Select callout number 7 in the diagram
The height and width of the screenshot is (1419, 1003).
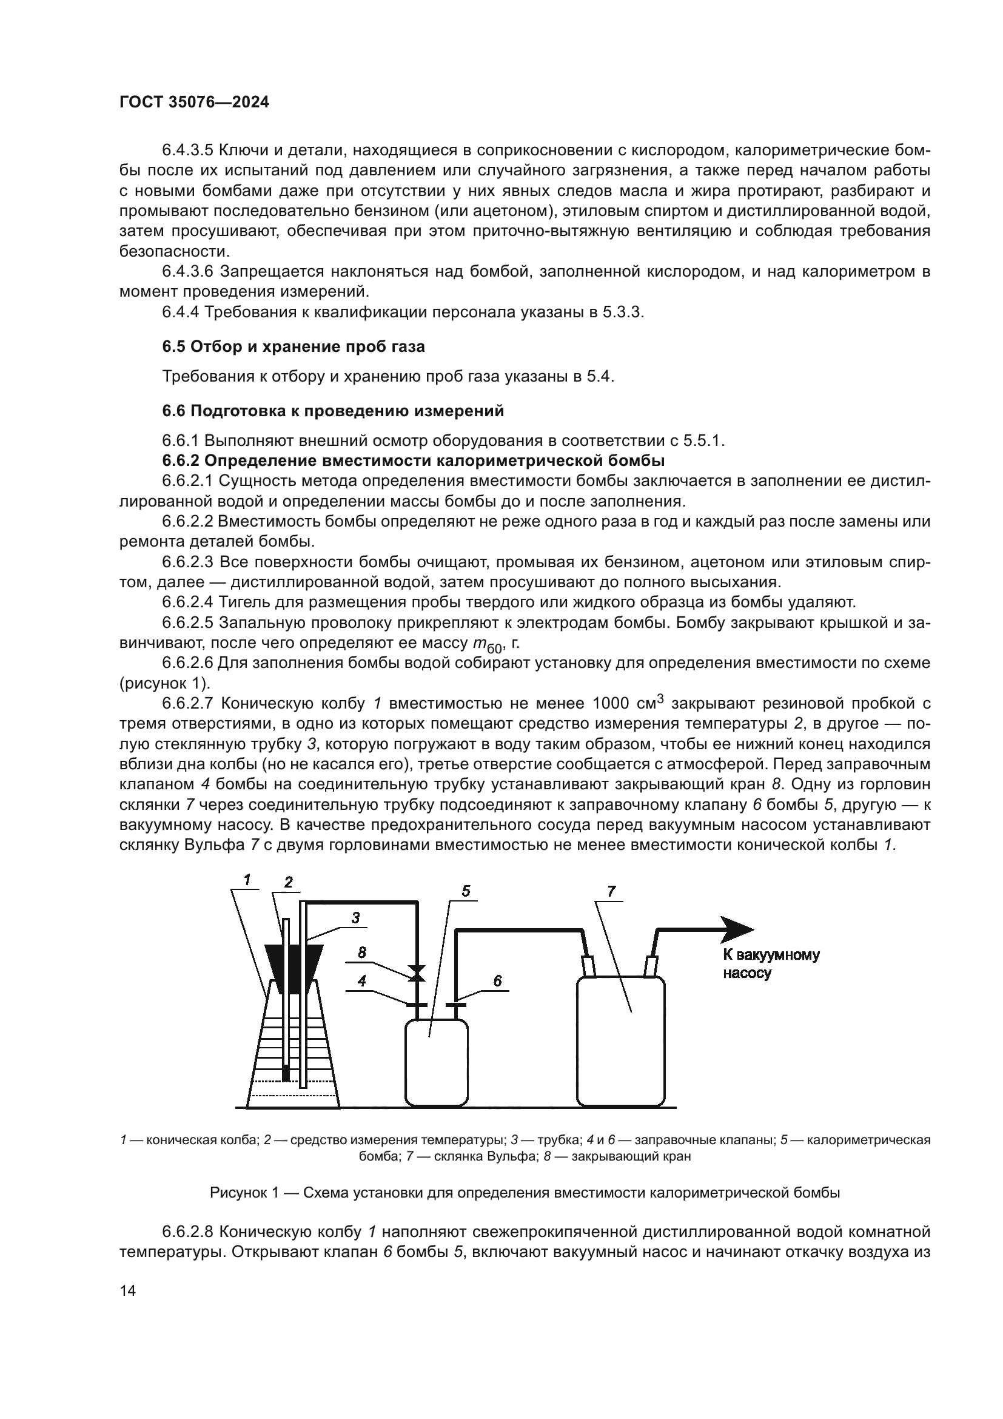tap(611, 891)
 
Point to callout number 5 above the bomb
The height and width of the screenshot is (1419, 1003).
tap(466, 891)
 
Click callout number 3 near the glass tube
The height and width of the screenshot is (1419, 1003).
tap(355, 918)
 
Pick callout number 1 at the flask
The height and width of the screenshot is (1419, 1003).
tap(247, 880)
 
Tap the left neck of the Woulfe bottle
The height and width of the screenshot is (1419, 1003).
tap(588, 966)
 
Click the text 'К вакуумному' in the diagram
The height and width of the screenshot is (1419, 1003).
tap(771, 956)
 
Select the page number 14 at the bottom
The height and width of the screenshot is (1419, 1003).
tap(128, 1290)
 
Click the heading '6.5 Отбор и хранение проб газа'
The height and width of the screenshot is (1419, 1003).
tap(294, 347)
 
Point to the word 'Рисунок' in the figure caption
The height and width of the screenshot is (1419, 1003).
tap(238, 1193)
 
